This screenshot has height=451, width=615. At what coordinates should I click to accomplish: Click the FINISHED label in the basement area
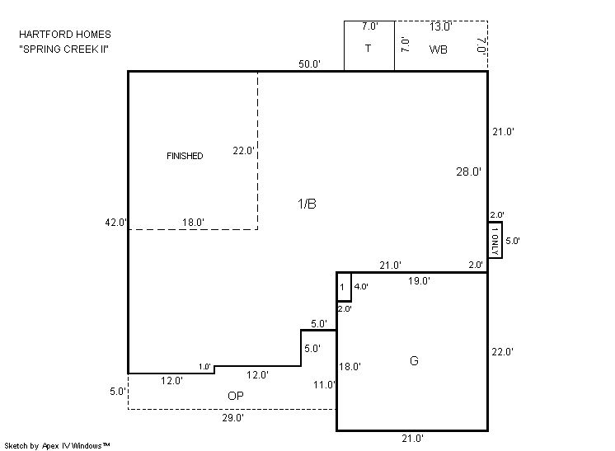[x=185, y=156]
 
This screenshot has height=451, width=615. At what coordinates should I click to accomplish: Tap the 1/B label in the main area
[x=307, y=204]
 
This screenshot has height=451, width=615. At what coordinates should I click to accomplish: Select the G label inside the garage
[x=414, y=360]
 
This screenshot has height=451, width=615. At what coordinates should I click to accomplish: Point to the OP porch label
[x=235, y=396]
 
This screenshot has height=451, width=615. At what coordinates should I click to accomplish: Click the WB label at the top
[x=438, y=49]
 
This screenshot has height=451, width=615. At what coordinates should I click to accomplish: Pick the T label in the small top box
[x=368, y=49]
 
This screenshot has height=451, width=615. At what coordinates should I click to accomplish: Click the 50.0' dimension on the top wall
[x=309, y=64]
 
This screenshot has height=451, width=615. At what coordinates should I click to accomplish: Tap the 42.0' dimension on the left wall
[x=115, y=223]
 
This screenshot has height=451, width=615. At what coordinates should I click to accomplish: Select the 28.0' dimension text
[x=468, y=171]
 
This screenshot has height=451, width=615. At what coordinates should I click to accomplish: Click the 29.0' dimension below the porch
[x=233, y=418]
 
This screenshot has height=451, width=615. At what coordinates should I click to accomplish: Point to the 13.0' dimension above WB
[x=440, y=26]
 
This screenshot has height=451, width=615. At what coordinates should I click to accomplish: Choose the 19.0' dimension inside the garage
[x=419, y=281]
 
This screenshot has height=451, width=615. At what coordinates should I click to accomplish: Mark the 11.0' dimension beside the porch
[x=324, y=385]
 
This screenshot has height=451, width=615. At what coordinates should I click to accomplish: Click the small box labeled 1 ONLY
[x=495, y=240]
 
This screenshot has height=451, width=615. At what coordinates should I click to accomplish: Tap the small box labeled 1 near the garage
[x=344, y=287]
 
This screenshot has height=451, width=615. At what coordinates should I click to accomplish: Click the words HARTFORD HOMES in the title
[x=65, y=35]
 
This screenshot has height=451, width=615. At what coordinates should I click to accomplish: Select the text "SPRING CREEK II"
[x=64, y=49]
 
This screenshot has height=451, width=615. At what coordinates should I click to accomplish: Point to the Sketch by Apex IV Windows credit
[x=57, y=445]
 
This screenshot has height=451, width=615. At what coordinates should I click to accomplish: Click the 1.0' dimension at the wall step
[x=204, y=367]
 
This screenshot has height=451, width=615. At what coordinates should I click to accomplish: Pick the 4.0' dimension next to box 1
[x=361, y=287]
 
